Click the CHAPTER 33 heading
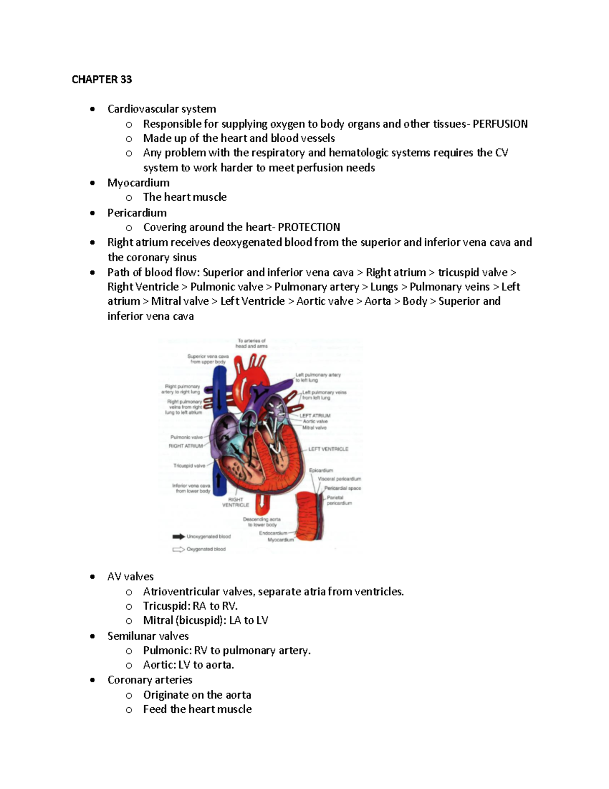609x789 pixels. pos(101,79)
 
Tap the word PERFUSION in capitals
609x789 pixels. pos(500,124)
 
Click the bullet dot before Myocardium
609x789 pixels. pos(92,183)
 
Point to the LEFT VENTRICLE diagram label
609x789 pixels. pos(328,449)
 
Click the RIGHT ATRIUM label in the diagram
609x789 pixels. pos(186,446)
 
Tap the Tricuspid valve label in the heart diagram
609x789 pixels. pos(189,465)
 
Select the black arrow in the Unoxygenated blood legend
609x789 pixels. pos(179,536)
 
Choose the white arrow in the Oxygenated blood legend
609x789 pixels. pos(179,549)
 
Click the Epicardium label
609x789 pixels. pos(321,470)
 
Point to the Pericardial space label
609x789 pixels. pos(343,488)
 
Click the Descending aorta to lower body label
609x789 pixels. pos(262,522)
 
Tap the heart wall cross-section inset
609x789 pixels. pos(310,516)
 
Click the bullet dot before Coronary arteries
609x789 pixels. pos(92,680)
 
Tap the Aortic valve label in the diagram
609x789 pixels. pos(315,422)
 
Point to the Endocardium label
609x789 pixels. pos(273,533)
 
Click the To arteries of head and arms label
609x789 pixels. pos(252,343)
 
